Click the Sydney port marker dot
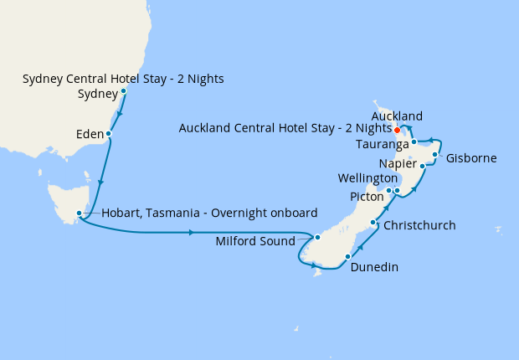[x=123, y=91]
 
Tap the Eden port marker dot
[x=109, y=133]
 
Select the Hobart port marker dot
[x=79, y=213]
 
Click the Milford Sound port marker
[x=317, y=238]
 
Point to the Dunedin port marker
[x=347, y=256]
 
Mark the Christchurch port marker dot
[x=373, y=223]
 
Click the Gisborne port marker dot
[x=435, y=155]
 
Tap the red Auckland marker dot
[x=396, y=130]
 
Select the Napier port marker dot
[x=423, y=167]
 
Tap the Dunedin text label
[x=374, y=268]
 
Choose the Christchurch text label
[x=419, y=226]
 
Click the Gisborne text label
[x=471, y=158]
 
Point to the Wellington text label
[x=367, y=179]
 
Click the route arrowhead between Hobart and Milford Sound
[x=193, y=232]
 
